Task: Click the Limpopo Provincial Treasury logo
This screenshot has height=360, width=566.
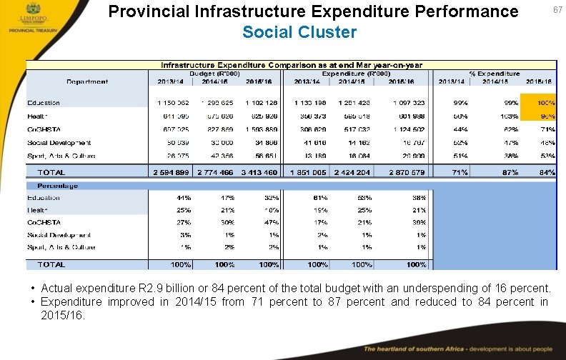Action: click(x=25, y=19)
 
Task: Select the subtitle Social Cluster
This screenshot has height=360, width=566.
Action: click(x=299, y=32)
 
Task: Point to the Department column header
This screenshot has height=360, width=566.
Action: click(x=87, y=81)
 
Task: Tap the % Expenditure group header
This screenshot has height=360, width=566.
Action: click(x=494, y=74)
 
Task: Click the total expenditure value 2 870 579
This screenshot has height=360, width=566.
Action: click(x=407, y=172)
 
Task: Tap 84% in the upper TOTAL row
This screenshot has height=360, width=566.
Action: click(x=547, y=172)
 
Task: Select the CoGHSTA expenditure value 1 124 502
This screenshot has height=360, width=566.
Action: click(x=408, y=129)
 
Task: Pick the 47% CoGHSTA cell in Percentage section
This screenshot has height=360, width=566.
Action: click(x=270, y=223)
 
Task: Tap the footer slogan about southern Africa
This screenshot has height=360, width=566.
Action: click(x=457, y=349)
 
